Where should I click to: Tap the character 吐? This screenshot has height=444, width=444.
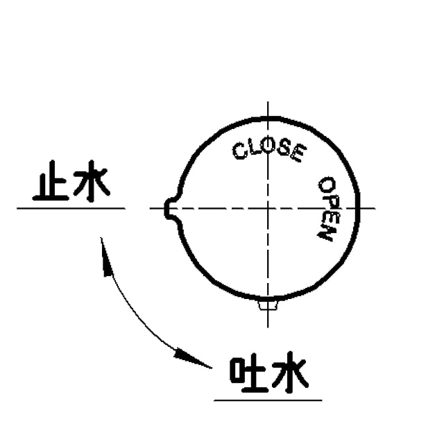pyautogui.click(x=248, y=377)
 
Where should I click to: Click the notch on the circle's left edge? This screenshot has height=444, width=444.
pyautogui.click(x=170, y=208)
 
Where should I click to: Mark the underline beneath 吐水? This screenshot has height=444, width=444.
pyautogui.click(x=268, y=400)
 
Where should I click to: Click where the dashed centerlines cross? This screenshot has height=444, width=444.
pyautogui.click(x=268, y=208)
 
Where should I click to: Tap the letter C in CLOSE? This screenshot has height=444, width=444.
pyautogui.click(x=239, y=151)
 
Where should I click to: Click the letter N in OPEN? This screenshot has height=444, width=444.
pyautogui.click(x=324, y=232)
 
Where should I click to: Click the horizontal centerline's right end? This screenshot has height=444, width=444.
pyautogui.click(x=375, y=208)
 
